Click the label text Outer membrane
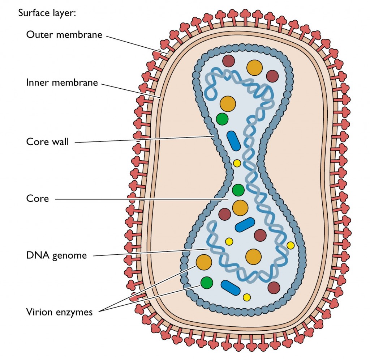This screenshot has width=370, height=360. coord(64,35)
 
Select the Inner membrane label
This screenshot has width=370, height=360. coord(62,82)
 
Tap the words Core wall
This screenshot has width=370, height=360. coord(47,141)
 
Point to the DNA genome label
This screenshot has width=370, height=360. coord(56,255)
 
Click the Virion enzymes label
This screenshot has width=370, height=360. coord(59,312)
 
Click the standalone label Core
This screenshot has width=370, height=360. coord(37,198)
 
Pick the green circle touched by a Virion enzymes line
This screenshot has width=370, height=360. coord(207,283)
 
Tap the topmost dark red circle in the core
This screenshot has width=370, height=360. coord(228,61)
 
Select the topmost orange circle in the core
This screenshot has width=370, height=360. coord(254,68)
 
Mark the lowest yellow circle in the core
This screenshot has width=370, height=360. coord(247,297)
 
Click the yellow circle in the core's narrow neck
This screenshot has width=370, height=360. coord(237,163)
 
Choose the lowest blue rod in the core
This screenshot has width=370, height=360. coord(231,288)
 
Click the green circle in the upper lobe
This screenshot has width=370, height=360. coord(222,118)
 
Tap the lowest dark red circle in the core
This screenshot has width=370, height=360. coord(274,288)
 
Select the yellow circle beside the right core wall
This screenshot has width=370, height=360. coord(291,245)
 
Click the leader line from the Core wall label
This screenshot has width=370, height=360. coord(145,139)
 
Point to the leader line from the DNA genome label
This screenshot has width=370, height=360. coord(152,253)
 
